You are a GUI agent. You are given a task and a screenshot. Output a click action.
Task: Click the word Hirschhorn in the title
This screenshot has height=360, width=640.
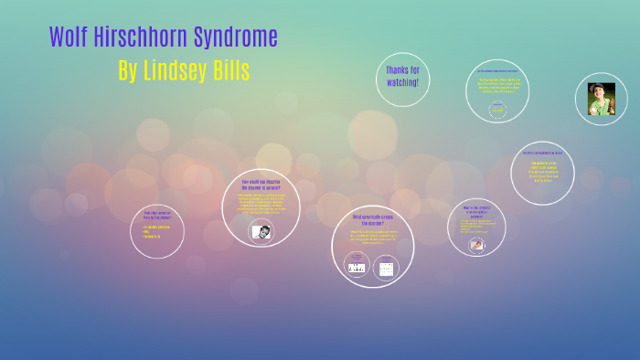click(137, 38)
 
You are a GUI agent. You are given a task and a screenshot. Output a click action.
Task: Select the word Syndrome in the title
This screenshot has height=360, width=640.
click(233, 38)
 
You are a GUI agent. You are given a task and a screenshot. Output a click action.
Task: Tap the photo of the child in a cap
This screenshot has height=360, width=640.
click(601, 99)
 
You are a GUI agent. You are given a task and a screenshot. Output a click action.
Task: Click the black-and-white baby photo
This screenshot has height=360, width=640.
click(261, 231)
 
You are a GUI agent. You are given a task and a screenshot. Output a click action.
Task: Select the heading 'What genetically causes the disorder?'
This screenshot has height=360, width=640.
click(372, 220)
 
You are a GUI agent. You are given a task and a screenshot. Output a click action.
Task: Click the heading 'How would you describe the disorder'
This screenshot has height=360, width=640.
click(261, 185)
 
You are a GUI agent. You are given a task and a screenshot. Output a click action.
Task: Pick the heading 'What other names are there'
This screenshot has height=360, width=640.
click(157, 216)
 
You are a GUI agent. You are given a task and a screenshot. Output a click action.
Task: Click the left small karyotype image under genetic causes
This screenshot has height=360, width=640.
click(357, 268)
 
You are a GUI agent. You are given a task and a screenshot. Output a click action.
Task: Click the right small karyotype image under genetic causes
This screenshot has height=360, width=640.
click(386, 269)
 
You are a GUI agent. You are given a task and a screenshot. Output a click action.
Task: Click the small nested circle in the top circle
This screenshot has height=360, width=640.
click(497, 110)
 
